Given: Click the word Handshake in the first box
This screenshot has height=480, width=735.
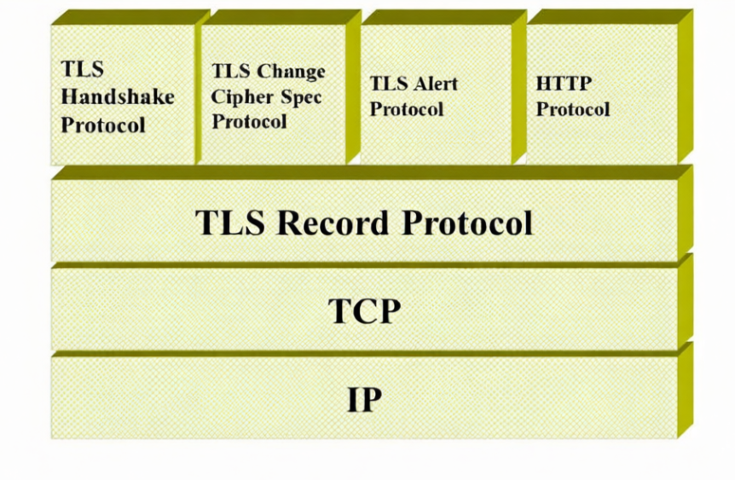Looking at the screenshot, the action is click(117, 96).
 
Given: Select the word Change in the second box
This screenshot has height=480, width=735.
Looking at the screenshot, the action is click(292, 72).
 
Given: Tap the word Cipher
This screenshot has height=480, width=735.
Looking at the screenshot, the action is click(241, 96).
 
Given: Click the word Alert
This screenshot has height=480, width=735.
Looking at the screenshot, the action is click(436, 84).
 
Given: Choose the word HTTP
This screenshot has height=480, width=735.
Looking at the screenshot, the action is click(564, 84).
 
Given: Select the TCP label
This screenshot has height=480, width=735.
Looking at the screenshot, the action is click(364, 311).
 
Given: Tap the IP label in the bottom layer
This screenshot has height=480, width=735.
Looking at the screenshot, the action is click(364, 399).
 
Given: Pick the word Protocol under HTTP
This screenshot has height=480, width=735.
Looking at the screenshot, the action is click(573, 109).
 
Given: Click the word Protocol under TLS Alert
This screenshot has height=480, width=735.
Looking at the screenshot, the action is click(407, 109).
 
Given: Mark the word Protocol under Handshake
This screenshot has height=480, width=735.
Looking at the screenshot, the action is click(103, 124).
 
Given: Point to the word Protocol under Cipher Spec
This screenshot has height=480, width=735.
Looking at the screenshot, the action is click(250, 122).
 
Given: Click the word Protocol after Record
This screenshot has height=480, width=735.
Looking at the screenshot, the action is click(467, 223).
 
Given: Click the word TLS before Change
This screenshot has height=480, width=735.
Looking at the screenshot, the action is click(230, 72).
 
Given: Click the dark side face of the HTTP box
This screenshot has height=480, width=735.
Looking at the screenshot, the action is click(684, 90).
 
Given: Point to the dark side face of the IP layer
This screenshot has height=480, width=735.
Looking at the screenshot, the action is click(685, 392).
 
